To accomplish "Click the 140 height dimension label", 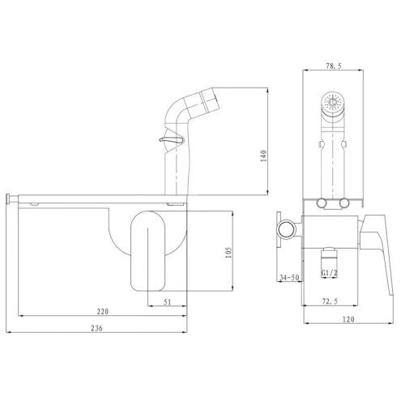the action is click(x=263, y=156).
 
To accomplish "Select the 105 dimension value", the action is click(x=228, y=253).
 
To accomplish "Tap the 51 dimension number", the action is click(x=168, y=301).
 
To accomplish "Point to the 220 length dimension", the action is click(x=103, y=311).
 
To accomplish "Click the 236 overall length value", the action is click(x=96, y=328).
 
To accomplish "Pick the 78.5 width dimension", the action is click(x=333, y=66).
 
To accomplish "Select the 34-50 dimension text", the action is click(x=289, y=277).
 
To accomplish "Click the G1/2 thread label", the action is click(x=330, y=273).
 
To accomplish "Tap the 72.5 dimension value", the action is click(x=330, y=301).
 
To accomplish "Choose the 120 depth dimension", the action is click(x=348, y=319).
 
